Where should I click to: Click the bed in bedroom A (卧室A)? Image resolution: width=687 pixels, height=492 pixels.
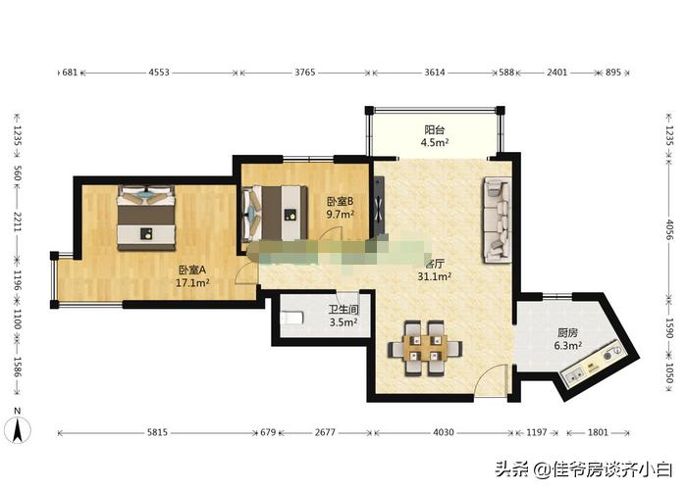[146, 217]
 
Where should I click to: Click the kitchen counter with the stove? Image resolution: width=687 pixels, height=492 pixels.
[595, 365]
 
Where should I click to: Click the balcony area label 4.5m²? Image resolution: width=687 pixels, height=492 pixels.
[436, 143]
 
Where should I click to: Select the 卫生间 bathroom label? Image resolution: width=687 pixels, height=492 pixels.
[343, 310]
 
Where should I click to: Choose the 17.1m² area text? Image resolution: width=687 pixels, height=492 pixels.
[192, 282]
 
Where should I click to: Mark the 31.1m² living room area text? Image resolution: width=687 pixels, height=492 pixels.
[436, 277]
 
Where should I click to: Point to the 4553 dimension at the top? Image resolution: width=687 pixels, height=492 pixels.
[159, 73]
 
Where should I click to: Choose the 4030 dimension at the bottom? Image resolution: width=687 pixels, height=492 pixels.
[445, 432]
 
